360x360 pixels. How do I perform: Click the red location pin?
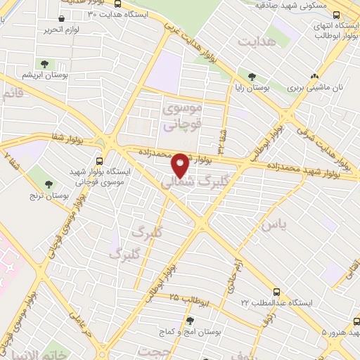point(181,166)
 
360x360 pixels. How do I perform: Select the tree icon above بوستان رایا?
point(252,77)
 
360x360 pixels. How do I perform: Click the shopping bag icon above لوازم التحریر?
point(63,18)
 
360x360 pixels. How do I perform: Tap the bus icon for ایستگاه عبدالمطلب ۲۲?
point(277,291)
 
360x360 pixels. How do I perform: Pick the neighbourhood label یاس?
point(274,225)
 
